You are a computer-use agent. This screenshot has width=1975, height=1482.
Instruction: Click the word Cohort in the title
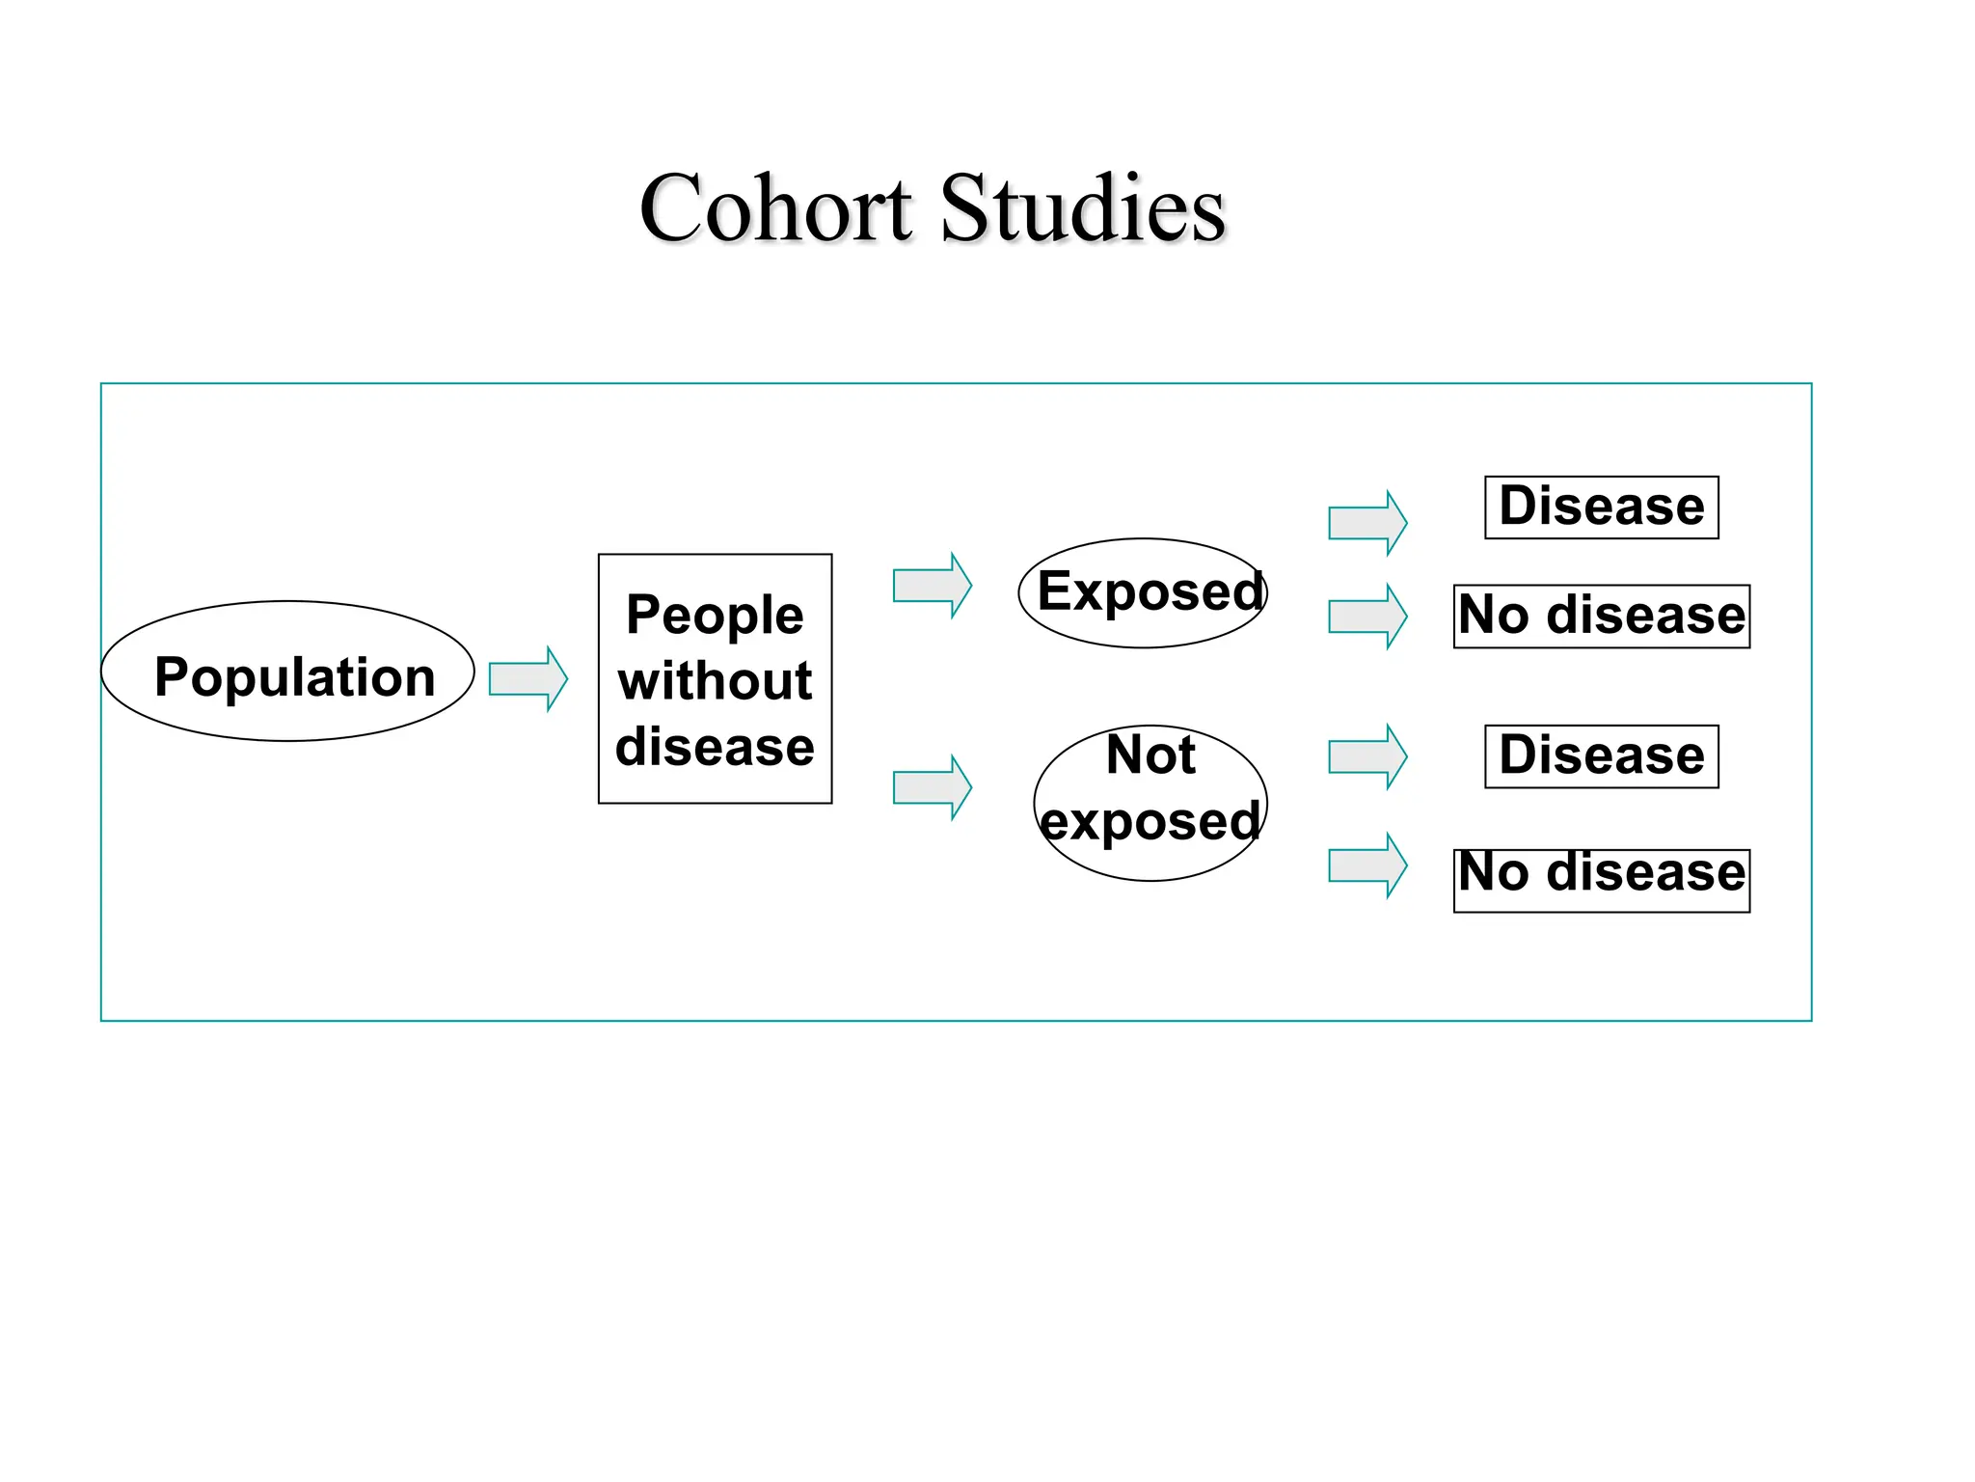tap(775, 208)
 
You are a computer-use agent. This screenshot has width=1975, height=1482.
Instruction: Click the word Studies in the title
tap(1082, 208)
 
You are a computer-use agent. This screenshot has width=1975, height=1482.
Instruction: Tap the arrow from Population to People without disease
tap(528, 679)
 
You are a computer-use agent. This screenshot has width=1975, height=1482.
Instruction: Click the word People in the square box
tap(715, 615)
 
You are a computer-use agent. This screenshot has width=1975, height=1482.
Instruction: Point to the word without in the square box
tap(715, 681)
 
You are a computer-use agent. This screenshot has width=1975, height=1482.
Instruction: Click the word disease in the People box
tap(715, 747)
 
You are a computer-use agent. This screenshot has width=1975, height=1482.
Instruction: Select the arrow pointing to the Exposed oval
tap(932, 586)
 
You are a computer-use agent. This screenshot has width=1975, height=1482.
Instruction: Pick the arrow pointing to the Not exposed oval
tap(932, 787)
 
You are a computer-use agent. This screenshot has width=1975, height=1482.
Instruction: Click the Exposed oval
tap(1144, 592)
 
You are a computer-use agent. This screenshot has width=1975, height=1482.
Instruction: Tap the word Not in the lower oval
tap(1150, 755)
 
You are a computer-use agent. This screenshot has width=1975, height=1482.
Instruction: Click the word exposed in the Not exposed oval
tap(1150, 821)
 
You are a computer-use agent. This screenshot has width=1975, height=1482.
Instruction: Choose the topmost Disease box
tap(1601, 508)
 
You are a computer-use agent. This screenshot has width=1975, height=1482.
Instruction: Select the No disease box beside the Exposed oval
tap(1601, 617)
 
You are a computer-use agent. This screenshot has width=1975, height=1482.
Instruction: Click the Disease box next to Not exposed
tap(1601, 756)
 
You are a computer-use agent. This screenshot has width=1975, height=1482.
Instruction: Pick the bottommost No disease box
tap(1601, 879)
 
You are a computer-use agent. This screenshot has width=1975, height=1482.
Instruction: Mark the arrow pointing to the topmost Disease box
tap(1367, 523)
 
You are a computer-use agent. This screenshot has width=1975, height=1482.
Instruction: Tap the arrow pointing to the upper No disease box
tap(1367, 617)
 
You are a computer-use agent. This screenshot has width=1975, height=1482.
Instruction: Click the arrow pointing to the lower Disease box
tap(1367, 756)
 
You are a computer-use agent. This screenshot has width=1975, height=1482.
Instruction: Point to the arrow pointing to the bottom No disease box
tap(1367, 865)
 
